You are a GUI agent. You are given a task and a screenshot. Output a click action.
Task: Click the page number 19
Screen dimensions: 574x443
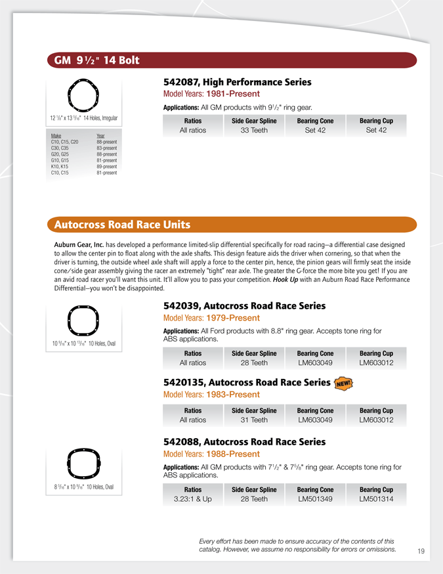coord(421,551)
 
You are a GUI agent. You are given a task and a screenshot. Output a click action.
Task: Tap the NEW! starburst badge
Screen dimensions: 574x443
coord(343,383)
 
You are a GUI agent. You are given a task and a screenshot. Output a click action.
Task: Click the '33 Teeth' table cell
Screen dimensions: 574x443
coord(254,130)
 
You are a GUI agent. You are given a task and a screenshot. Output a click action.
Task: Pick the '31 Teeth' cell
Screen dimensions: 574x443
coord(254,420)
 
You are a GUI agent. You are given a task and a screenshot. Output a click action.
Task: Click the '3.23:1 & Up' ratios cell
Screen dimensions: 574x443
coord(193,499)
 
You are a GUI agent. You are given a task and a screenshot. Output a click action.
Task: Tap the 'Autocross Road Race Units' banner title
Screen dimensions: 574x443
coord(123,225)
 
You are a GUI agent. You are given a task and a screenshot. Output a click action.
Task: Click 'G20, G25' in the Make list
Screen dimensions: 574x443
coord(61,154)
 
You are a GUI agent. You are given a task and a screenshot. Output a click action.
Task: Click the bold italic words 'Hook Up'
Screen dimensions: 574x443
coord(285,279)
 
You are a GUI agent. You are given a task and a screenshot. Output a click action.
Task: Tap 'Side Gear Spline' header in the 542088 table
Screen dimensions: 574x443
coord(254,489)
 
